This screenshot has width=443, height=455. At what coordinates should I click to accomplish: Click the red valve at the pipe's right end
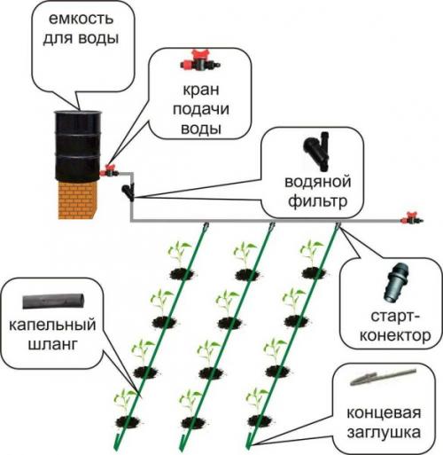(409, 217)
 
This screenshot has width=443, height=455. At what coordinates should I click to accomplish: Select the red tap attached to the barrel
(112, 169)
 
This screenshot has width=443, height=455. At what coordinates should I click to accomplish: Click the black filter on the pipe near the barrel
(130, 189)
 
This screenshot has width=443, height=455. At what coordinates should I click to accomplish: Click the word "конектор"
(390, 335)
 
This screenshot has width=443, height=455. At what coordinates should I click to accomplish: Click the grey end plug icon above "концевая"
(377, 380)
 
